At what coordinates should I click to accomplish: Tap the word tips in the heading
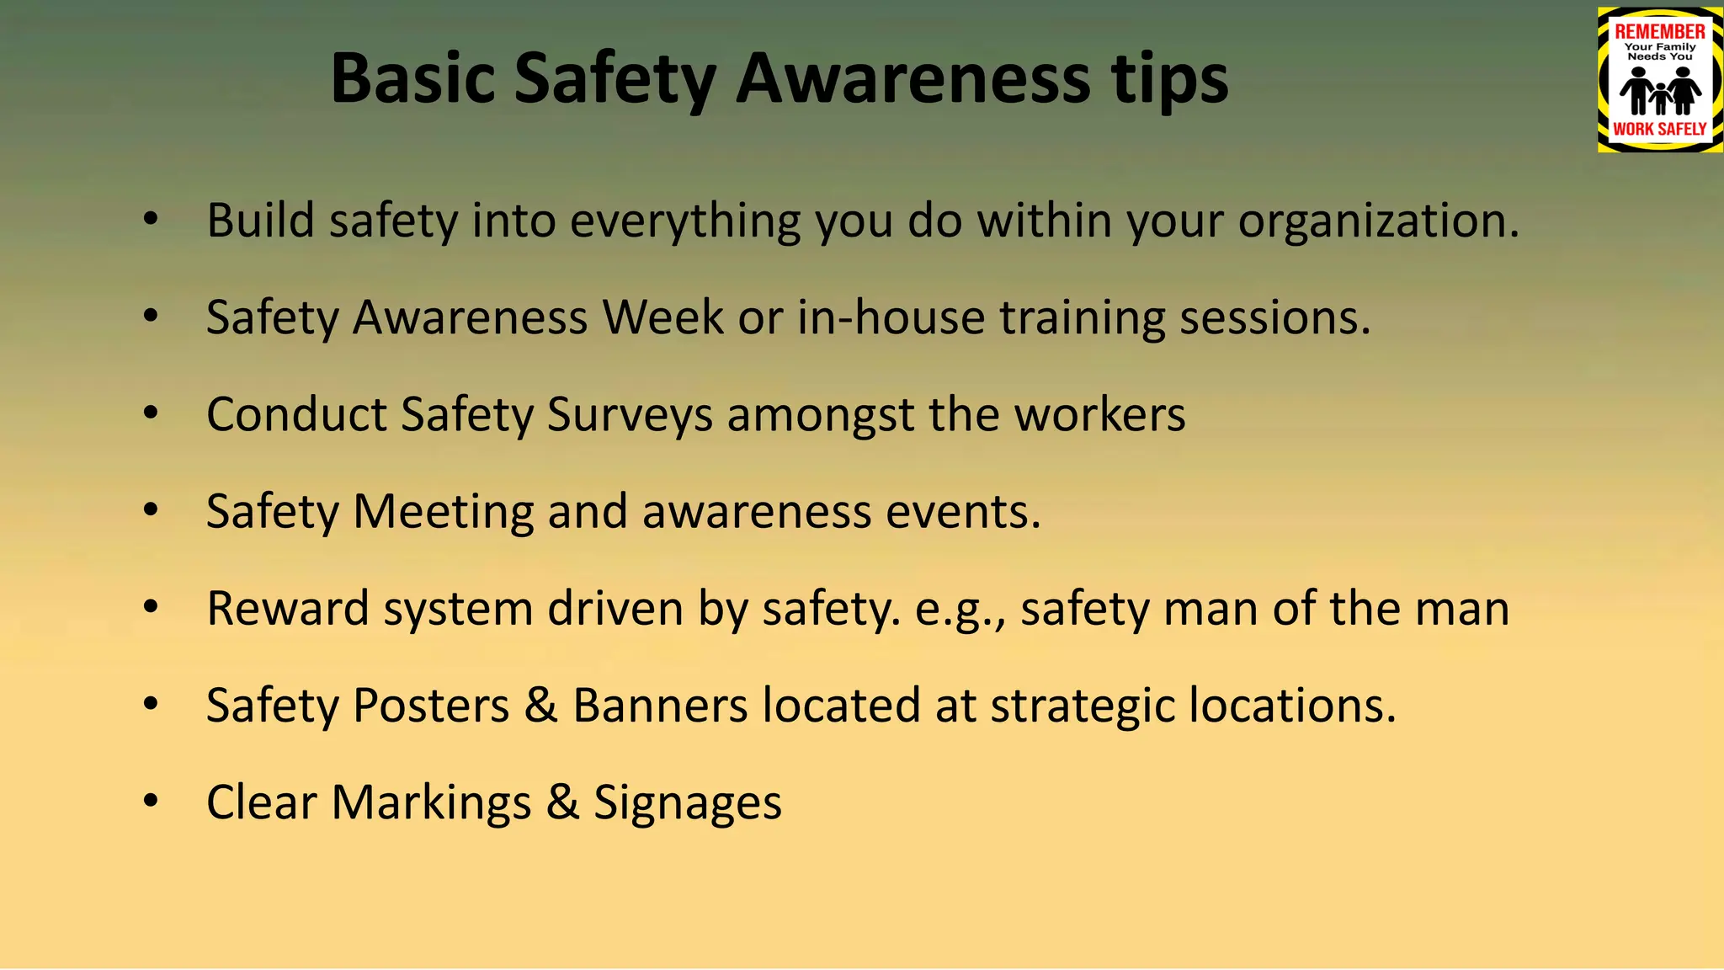coord(1169,79)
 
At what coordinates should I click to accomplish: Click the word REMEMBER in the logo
coord(1659,32)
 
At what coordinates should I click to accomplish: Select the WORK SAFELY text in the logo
coord(1659,129)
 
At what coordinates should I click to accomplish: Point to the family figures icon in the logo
coord(1659,91)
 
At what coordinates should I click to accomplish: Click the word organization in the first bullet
coord(1378,221)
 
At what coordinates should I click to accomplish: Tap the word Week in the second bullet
coord(662,318)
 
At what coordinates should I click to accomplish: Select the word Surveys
coord(630,415)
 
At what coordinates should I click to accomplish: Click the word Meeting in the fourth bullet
coord(443,512)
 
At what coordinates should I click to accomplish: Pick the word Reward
coord(287,609)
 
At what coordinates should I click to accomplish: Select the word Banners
coord(660,706)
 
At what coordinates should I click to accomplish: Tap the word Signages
coord(687,802)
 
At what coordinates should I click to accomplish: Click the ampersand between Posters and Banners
coord(540,706)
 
